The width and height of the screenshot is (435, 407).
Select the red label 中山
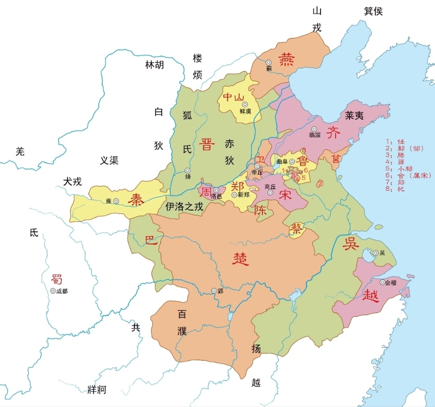(x=234, y=97)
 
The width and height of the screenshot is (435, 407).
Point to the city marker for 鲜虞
(x=245, y=104)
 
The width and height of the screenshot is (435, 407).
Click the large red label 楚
(x=241, y=258)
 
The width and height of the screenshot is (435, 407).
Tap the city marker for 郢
(x=214, y=291)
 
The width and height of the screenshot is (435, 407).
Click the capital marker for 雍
(x=116, y=201)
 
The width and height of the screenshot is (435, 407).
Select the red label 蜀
(x=56, y=279)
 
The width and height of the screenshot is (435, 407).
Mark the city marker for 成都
(x=52, y=291)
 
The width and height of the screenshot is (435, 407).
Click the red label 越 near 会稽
(x=370, y=295)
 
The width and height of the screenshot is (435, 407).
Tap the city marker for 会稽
(x=382, y=282)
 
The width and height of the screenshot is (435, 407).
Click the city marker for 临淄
(x=314, y=129)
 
